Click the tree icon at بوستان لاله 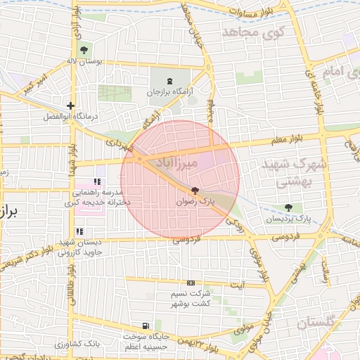coord(84,50)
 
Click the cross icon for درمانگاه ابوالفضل coord(71,105)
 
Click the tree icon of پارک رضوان coord(195,191)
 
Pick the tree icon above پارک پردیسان coord(288,207)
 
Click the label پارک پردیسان coord(288,219)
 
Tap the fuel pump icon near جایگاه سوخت coord(145,326)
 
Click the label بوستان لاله coord(84,61)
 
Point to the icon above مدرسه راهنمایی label coord(96,181)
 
